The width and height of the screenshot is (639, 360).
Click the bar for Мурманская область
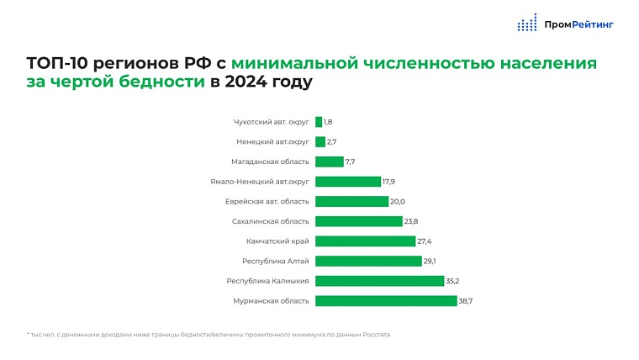386,300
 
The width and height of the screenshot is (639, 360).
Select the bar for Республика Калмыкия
379,281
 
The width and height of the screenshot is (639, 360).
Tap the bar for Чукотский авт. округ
319,122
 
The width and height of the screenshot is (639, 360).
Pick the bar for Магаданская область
329,161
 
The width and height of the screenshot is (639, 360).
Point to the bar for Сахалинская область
358,221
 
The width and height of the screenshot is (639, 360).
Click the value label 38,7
466,300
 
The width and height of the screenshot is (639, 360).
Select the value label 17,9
389,182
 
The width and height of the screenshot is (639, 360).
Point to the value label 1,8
328,122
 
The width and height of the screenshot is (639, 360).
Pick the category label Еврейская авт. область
267,202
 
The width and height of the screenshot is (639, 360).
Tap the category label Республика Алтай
276,261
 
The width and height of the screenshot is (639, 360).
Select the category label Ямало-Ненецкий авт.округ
260,182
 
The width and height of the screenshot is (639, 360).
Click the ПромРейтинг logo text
578,24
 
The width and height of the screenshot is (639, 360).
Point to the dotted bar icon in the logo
527,24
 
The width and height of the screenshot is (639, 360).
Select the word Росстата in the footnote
376,335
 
